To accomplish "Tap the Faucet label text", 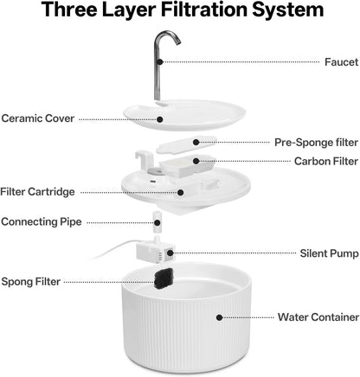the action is (x=342, y=62).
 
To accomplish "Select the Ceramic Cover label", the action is (x=38, y=118).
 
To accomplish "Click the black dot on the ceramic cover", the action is (x=160, y=119).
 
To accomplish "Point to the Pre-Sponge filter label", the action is (x=316, y=143).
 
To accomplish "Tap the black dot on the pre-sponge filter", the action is (x=196, y=142).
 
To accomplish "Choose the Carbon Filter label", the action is (x=326, y=161).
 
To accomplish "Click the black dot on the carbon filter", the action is (x=196, y=161).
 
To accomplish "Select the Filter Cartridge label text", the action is (x=37, y=192).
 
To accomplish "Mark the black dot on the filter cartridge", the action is (x=181, y=193).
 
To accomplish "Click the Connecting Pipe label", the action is (x=42, y=222).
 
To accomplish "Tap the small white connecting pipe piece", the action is (x=157, y=222).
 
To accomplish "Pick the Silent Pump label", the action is (x=330, y=253).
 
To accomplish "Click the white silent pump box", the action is (x=156, y=252).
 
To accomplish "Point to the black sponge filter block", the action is (x=164, y=278).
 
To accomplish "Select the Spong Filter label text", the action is (x=31, y=282).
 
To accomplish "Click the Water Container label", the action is (x=318, y=317).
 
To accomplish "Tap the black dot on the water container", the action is (x=220, y=317).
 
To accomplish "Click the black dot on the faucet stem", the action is (x=160, y=61).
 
